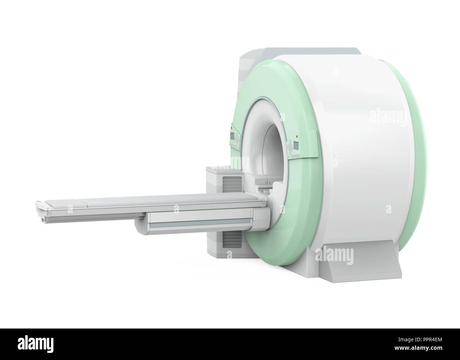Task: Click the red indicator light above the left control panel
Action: click(x=231, y=128)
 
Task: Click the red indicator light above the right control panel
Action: click(x=297, y=137)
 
